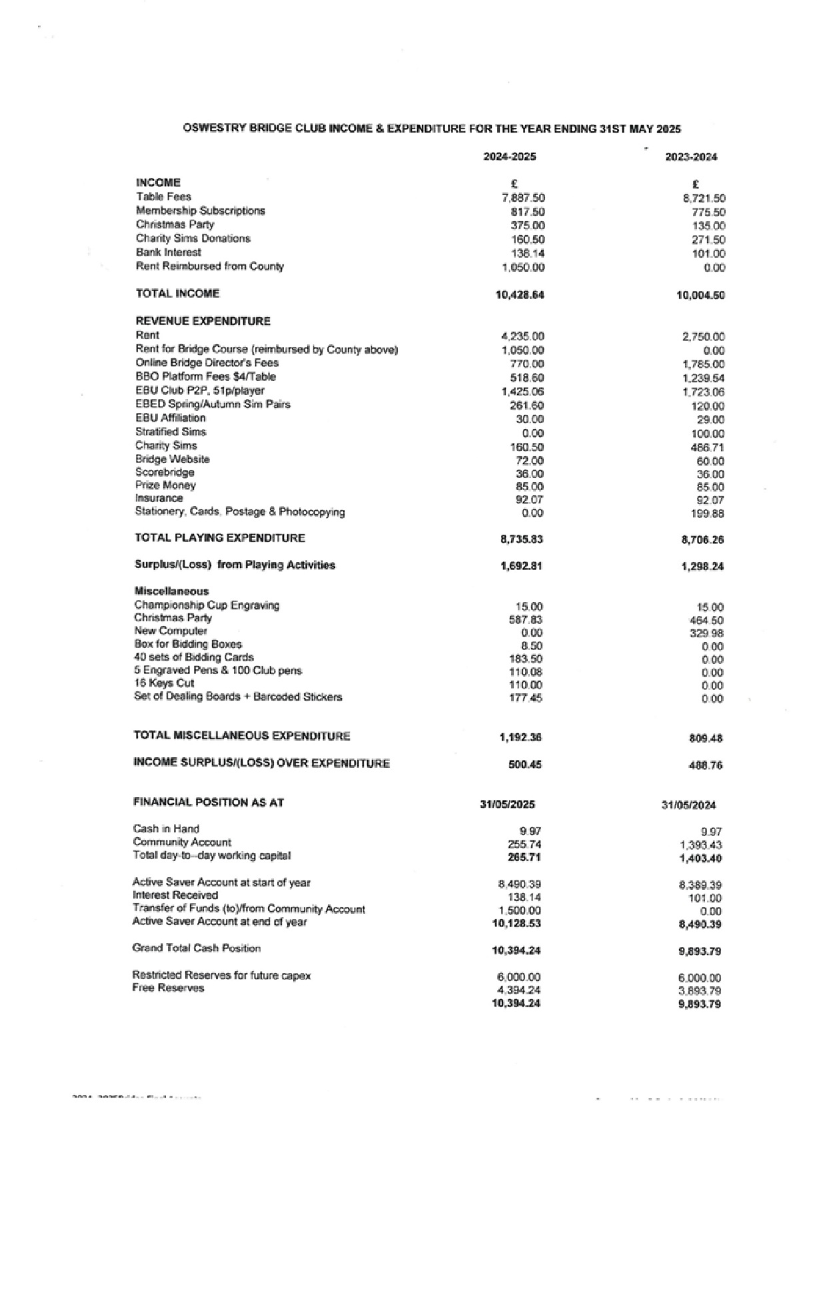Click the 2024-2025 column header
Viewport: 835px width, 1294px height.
[510, 157]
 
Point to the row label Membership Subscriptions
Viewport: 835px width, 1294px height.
[200, 210]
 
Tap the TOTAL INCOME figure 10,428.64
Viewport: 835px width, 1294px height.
[520, 294]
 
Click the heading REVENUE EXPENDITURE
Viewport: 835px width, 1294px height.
[203, 321]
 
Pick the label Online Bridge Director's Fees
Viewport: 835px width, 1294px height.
[207, 363]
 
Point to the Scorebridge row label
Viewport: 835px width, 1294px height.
[165, 472]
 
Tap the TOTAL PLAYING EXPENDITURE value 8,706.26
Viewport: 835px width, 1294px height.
[702, 539]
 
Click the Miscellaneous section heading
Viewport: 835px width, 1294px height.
[171, 591]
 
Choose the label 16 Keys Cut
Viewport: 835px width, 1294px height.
[164, 683]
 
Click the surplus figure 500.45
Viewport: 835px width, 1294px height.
[524, 765]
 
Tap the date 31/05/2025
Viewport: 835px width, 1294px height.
[507, 805]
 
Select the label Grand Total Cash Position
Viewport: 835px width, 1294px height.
[196, 948]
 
